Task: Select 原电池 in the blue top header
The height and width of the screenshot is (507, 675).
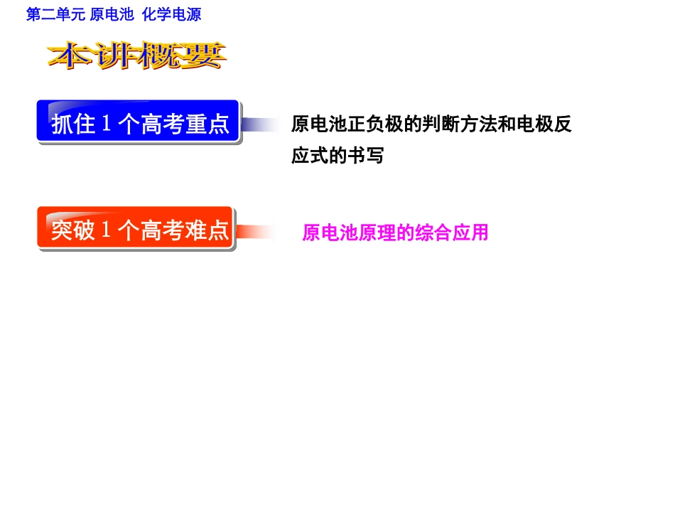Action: (112, 15)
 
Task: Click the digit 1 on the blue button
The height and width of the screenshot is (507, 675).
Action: (107, 124)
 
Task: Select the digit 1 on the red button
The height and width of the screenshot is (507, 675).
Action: (107, 230)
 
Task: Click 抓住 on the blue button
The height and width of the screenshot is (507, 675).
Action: (73, 124)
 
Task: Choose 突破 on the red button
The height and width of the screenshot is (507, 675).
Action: (73, 230)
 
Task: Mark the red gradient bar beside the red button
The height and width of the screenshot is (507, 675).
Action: (256, 232)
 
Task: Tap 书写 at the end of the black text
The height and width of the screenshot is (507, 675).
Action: (365, 156)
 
